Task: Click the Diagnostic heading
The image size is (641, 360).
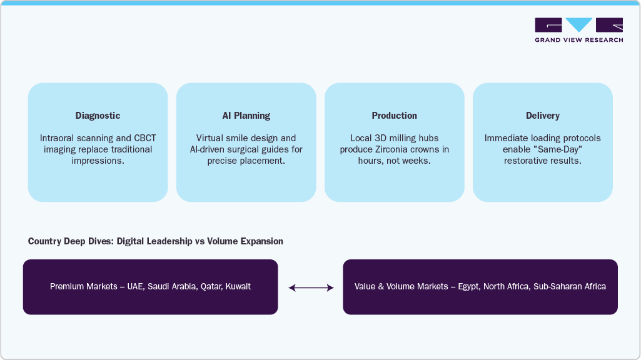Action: point(98,116)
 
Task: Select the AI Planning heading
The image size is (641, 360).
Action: point(246,116)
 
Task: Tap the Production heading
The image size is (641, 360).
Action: point(394,116)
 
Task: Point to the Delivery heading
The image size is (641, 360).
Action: point(542,116)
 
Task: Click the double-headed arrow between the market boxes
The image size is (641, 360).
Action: point(311,287)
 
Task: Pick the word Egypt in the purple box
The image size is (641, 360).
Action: point(470,287)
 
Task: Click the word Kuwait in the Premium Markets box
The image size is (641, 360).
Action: point(238,287)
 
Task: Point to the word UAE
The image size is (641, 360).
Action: point(134,287)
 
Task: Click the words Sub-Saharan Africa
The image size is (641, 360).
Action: point(570,287)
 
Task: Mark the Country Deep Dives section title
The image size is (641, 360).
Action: point(156,241)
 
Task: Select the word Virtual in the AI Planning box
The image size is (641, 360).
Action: point(210,138)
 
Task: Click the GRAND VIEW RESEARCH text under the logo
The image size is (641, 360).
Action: point(578,40)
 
